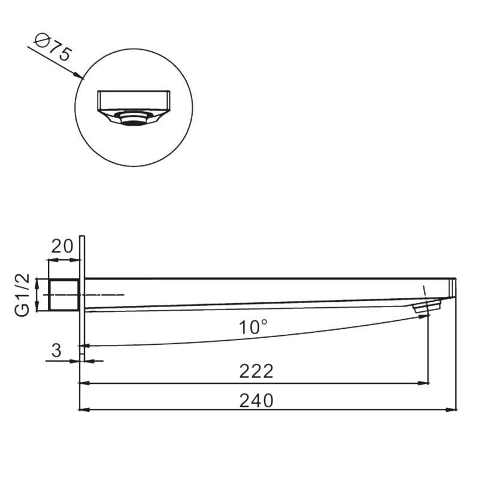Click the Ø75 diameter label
tap(53, 48)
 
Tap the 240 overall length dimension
tap(256, 401)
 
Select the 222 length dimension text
tap(256, 371)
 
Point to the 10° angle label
tap(253, 327)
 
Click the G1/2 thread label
tap(22, 295)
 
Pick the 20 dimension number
tap(62, 246)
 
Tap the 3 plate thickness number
tap(56, 350)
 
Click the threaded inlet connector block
tap(64, 295)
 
